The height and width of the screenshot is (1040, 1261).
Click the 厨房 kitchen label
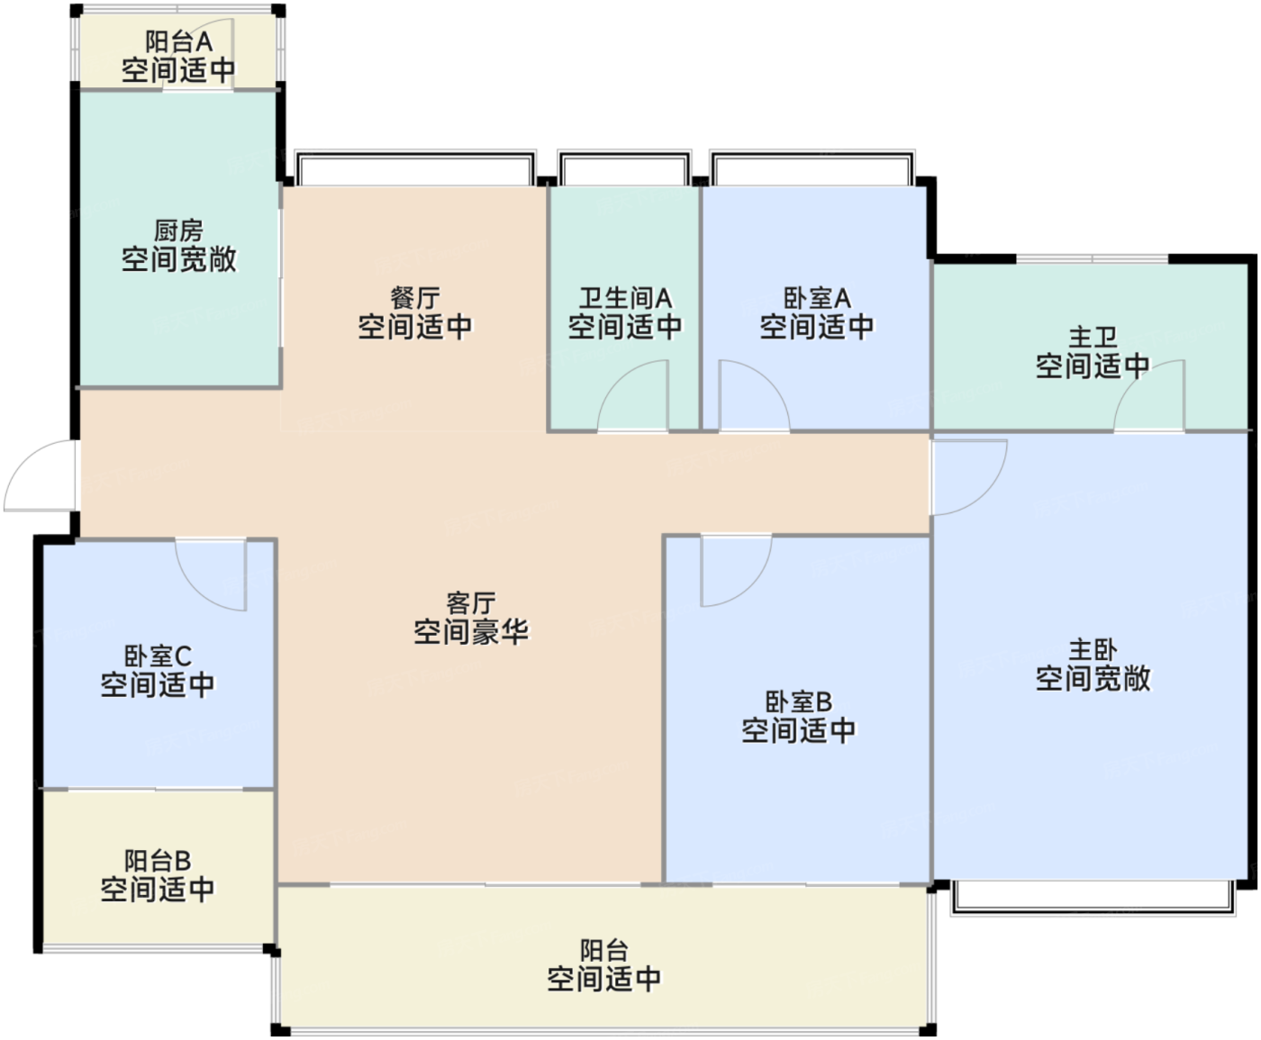click(178, 231)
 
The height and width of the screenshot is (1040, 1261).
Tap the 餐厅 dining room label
click(415, 298)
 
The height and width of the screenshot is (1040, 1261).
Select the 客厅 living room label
click(471, 602)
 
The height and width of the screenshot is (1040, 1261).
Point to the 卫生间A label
click(625, 298)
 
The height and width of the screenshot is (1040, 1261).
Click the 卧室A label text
click(817, 298)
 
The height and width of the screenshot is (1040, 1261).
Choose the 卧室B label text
click(798, 701)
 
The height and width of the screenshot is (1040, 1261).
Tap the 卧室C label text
click(158, 656)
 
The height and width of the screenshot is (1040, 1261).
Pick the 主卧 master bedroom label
click(1093, 650)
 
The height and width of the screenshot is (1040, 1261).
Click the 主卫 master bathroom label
click(1093, 337)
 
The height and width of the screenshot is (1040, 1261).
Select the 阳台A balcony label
click(178, 41)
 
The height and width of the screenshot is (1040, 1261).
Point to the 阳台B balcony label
click(158, 861)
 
